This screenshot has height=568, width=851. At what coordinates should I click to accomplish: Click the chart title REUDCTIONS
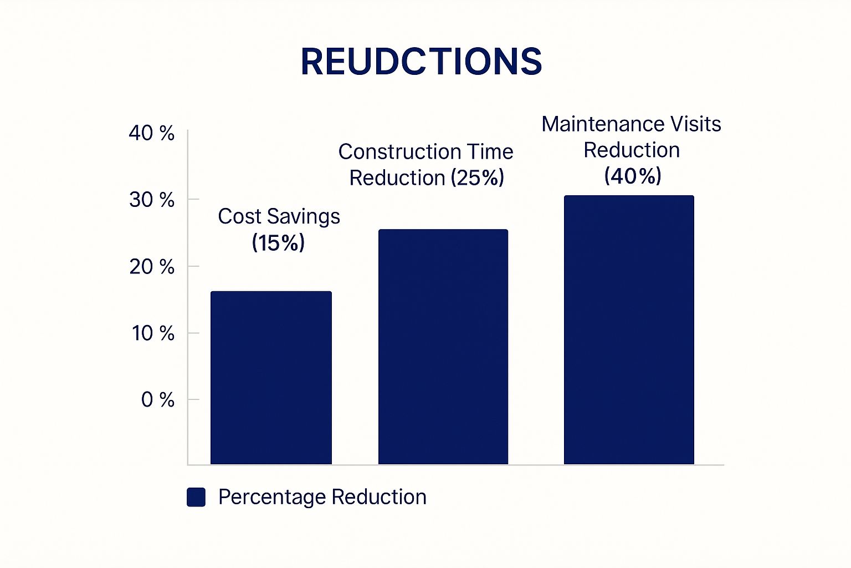pyautogui.click(x=421, y=61)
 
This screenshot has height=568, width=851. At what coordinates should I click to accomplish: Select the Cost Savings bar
pyautogui.click(x=271, y=377)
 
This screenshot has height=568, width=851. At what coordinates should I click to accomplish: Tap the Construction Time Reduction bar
pyautogui.click(x=443, y=347)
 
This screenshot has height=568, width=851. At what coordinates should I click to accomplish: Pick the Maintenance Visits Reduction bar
pyautogui.click(x=629, y=330)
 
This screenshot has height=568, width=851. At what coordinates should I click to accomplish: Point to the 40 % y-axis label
pyautogui.click(x=152, y=133)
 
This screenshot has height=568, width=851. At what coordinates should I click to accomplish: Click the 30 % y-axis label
pyautogui.click(x=152, y=200)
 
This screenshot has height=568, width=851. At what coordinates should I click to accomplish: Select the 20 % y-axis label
pyautogui.click(x=152, y=267)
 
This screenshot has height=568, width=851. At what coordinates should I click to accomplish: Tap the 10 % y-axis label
pyautogui.click(x=153, y=333)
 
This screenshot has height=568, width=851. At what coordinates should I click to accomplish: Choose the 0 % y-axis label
pyautogui.click(x=158, y=399)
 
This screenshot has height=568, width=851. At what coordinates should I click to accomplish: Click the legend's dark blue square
pyautogui.click(x=196, y=497)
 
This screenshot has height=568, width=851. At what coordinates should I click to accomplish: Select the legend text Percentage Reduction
pyautogui.click(x=322, y=497)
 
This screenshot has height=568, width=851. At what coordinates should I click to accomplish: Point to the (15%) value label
pyautogui.click(x=278, y=243)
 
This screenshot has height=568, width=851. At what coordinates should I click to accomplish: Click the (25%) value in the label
pyautogui.click(x=477, y=178)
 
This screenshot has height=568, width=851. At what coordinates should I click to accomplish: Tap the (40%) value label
pyautogui.click(x=633, y=176)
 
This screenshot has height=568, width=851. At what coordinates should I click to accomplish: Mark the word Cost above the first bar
pyautogui.click(x=239, y=216)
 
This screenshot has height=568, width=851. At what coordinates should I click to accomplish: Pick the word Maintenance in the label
pyautogui.click(x=602, y=124)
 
